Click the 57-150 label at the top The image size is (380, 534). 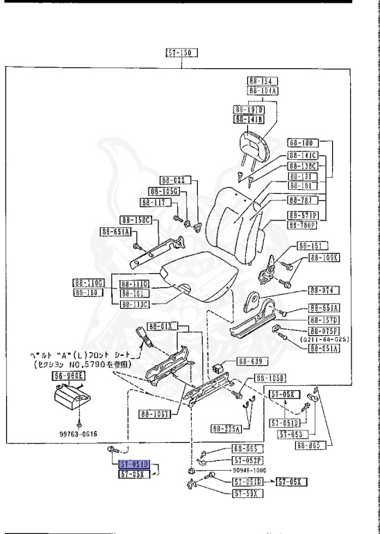pyautogui.click(x=181, y=52)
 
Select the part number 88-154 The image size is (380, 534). pyautogui.click(x=262, y=81)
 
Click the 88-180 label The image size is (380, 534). pyautogui.click(x=304, y=143)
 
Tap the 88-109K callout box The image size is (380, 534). pyautogui.click(x=324, y=257)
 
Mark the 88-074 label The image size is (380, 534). pyautogui.click(x=322, y=291)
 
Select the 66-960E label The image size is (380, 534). pyautogui.click(x=67, y=376)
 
